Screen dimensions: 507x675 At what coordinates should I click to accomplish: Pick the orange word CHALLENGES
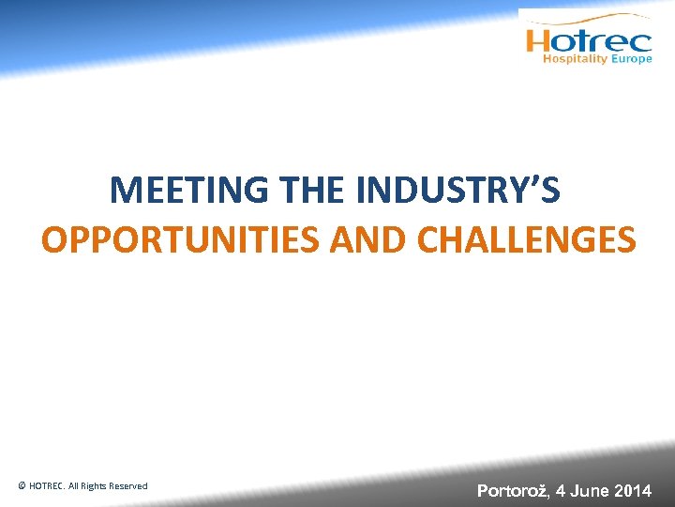coord(526,239)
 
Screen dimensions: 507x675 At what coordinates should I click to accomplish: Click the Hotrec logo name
coord(589,40)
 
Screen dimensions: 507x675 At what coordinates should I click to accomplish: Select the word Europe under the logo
coord(631,59)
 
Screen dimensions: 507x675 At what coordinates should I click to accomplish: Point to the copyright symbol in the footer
coord(22,486)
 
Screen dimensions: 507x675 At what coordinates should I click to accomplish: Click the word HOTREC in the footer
coord(48,486)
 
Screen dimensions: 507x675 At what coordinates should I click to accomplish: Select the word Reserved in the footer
coord(127,486)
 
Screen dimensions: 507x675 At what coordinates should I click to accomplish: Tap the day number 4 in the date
coord(560,490)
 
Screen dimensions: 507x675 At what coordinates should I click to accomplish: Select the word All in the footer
coord(74,486)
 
